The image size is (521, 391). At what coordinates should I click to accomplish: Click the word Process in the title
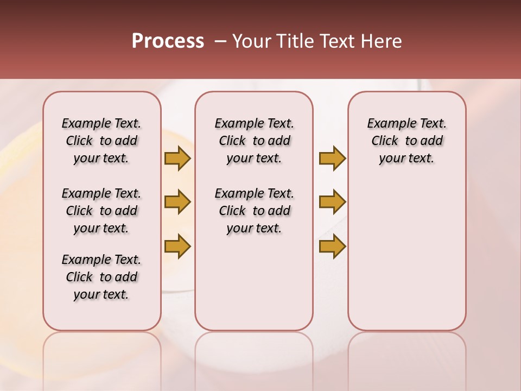[168, 41]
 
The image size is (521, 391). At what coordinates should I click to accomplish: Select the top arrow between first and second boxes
[177, 158]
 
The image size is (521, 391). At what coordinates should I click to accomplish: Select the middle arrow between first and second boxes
[177, 202]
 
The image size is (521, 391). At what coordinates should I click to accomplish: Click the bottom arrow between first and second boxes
[177, 246]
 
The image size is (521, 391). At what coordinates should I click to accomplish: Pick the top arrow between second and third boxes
[332, 158]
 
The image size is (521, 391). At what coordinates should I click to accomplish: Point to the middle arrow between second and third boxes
[332, 202]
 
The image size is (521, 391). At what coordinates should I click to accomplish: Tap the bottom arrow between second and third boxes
[332, 246]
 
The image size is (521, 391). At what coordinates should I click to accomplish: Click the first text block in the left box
[101, 141]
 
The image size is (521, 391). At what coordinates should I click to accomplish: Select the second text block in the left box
[101, 211]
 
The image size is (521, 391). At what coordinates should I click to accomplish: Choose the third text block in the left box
[101, 277]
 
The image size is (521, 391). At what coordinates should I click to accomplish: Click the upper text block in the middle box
[254, 141]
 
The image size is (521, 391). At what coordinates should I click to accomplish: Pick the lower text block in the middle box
[254, 211]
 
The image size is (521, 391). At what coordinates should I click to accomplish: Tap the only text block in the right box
[406, 141]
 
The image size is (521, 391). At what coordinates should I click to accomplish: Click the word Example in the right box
[387, 124]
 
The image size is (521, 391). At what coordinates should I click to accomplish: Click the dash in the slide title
[220, 41]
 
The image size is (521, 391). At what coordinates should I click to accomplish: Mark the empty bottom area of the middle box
[254, 288]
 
